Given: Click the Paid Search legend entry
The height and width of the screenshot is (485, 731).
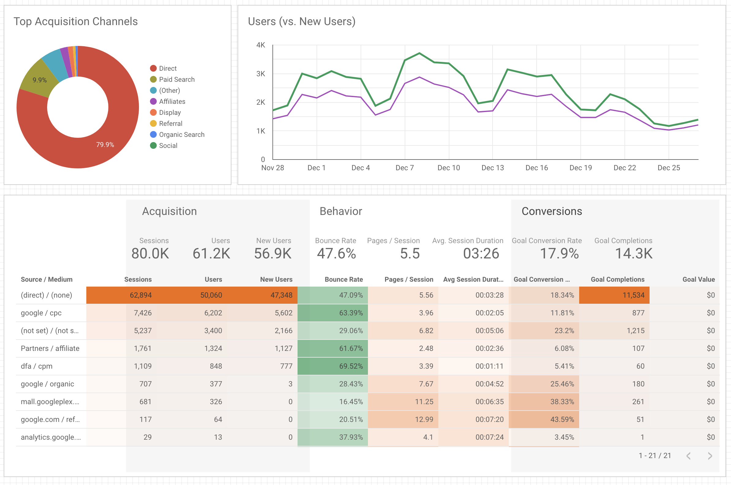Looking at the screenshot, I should click(x=176, y=80).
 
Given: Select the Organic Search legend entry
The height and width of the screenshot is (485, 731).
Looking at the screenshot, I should click(x=181, y=134).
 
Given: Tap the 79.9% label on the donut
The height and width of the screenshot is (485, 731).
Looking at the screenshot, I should click(x=105, y=145).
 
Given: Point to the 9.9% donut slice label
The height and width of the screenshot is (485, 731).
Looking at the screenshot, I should click(x=39, y=80).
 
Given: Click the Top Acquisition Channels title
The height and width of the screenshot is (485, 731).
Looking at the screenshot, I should click(x=76, y=21).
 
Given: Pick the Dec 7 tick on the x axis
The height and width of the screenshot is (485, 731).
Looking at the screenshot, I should click(x=404, y=168).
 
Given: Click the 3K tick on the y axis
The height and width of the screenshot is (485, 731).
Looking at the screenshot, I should click(x=261, y=73).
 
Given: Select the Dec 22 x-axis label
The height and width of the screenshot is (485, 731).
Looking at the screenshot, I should click(x=625, y=168).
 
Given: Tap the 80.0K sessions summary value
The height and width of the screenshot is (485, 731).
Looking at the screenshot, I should click(x=150, y=254).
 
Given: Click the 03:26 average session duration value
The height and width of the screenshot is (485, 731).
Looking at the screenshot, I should click(x=481, y=254).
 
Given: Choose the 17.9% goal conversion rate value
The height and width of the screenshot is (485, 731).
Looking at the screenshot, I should click(x=559, y=254).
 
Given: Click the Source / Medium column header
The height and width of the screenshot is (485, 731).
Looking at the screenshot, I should click(x=47, y=279).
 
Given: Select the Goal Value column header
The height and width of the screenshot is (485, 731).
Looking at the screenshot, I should click(x=699, y=279).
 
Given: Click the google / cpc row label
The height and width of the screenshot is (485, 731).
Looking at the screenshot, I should click(x=41, y=313).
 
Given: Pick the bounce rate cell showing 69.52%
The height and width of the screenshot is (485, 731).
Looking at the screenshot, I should click(x=351, y=366).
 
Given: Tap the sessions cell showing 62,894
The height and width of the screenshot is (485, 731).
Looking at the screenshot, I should click(x=141, y=295).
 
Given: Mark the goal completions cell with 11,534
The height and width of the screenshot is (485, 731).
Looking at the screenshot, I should click(x=633, y=295).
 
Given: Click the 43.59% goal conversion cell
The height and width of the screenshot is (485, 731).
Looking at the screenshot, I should click(x=562, y=419).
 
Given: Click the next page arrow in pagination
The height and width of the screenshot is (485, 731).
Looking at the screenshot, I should click(x=710, y=456).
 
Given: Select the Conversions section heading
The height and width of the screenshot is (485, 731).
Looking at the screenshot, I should click(x=552, y=211).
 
